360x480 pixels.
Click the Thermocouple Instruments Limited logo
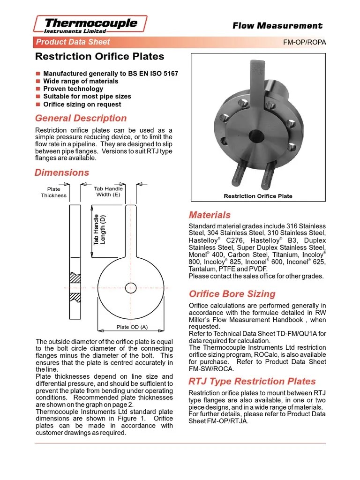click(x=91, y=24)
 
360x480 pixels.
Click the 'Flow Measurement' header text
click(x=277, y=26)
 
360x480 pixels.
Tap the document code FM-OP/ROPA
click(x=304, y=42)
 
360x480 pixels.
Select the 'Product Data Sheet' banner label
click(x=73, y=42)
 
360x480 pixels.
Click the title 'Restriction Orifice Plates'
click(x=100, y=57)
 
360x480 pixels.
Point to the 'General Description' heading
click(x=81, y=118)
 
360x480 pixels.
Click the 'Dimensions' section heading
click(x=62, y=172)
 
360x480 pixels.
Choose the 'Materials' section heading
click(x=210, y=215)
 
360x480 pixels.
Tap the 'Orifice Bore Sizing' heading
click(x=232, y=294)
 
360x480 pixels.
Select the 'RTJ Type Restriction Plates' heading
click(x=252, y=381)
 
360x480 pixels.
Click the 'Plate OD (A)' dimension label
click(x=131, y=327)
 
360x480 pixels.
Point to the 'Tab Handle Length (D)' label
click(x=99, y=230)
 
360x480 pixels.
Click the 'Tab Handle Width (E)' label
click(x=108, y=191)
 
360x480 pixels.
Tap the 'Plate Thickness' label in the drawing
click(x=54, y=192)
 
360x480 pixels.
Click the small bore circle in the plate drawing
click(x=131, y=288)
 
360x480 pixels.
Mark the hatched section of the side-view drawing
click(x=74, y=287)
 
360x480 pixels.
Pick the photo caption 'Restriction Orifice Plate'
click(x=258, y=196)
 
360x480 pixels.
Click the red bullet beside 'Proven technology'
click(x=38, y=89)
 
